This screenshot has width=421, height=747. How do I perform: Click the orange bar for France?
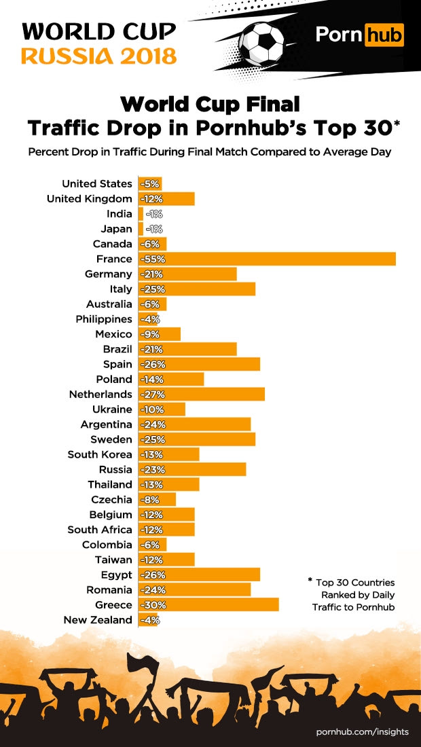pyautogui.click(x=267, y=259)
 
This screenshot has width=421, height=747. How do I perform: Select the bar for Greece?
pyautogui.click(x=208, y=604)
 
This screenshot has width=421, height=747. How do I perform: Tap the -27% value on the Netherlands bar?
pyautogui.click(x=152, y=395)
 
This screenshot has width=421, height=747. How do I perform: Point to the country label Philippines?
pyautogui.click(x=104, y=319)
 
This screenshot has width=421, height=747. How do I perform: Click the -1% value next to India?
pyautogui.click(x=153, y=214)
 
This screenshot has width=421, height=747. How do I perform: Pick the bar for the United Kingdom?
pyautogui.click(x=166, y=199)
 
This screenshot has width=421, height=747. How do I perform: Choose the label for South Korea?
pyautogui.click(x=100, y=454)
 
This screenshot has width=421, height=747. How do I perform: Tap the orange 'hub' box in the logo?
pyautogui.click(x=384, y=34)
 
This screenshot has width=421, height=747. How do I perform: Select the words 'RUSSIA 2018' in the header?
pyautogui.click(x=99, y=55)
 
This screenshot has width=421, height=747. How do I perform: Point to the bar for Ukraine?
pyautogui.click(x=162, y=409)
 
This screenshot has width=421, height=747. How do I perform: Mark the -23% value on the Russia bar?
pyautogui.click(x=152, y=469)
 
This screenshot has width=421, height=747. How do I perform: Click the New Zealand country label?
pyautogui.click(x=98, y=620)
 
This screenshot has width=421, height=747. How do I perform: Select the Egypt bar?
pyautogui.click(x=199, y=575)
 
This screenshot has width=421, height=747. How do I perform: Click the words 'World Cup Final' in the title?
pyautogui.click(x=210, y=105)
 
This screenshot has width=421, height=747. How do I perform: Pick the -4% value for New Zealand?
pyautogui.click(x=149, y=620)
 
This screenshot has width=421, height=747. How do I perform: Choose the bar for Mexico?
pyautogui.click(x=160, y=334)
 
